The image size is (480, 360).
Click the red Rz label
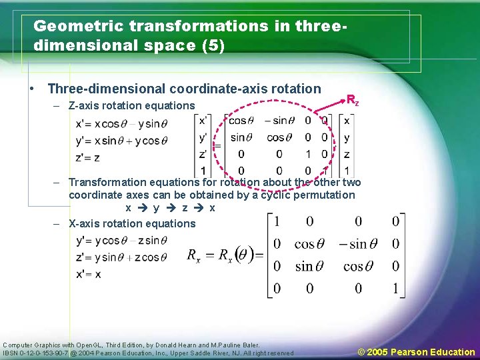click(353, 100)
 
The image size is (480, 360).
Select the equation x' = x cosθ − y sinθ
click(122, 123)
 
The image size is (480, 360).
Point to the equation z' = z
click(89, 158)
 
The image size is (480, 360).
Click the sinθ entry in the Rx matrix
click(304, 266)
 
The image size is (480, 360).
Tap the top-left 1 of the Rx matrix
click(277, 221)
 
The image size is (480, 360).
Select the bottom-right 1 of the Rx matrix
click(396, 289)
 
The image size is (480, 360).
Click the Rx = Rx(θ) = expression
click(225, 256)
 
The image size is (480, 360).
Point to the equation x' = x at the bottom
click(89, 274)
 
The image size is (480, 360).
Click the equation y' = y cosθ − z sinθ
click(119, 241)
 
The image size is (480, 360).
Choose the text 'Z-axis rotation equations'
click(132, 105)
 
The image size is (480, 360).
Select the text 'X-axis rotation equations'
click(132, 223)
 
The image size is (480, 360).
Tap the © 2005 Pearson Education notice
click(417, 351)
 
